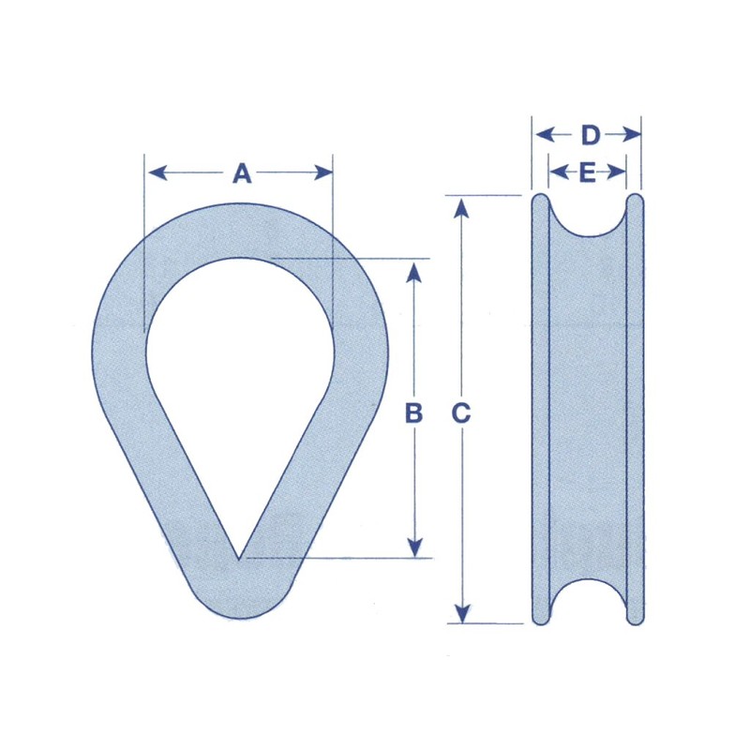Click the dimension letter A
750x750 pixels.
pyautogui.click(x=242, y=173)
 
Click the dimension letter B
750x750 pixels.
pyautogui.click(x=413, y=412)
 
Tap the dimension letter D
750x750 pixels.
pyautogui.click(x=589, y=136)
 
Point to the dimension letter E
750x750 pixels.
pyautogui.click(x=588, y=172)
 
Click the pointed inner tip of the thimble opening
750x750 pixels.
pyautogui.click(x=240, y=556)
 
